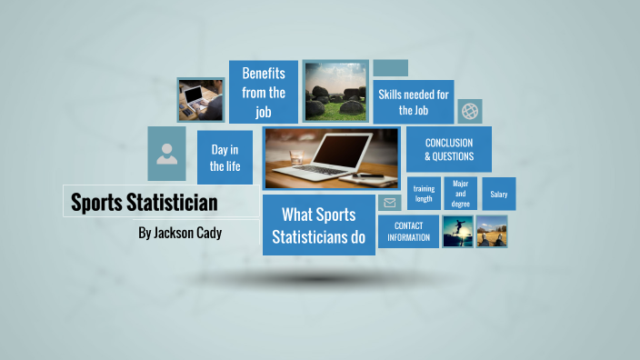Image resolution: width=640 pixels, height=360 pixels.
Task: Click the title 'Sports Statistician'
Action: [x=145, y=202]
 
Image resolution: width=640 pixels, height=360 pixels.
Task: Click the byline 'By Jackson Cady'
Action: [x=179, y=233]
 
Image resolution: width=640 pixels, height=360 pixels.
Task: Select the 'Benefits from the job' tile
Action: [x=264, y=92]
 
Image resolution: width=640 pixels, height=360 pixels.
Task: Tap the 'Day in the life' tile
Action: [x=225, y=157]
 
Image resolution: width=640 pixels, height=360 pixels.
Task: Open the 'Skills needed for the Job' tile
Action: [x=415, y=101]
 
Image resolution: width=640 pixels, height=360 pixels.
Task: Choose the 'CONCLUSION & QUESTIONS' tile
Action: [x=449, y=149]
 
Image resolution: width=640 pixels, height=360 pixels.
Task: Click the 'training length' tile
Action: [x=424, y=193]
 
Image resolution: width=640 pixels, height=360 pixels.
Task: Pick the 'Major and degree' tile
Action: [x=461, y=193]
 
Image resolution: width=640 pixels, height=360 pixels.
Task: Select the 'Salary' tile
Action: [x=499, y=194]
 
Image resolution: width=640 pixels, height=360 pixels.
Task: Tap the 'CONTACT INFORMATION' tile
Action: [x=408, y=231]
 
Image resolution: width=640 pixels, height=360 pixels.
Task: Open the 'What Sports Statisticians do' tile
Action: [x=318, y=225]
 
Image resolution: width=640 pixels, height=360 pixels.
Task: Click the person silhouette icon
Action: [x=167, y=153]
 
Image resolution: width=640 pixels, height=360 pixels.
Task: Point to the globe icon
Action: [x=470, y=111]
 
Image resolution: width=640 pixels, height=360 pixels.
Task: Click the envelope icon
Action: [x=390, y=203]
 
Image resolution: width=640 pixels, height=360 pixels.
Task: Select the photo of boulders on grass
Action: [x=335, y=91]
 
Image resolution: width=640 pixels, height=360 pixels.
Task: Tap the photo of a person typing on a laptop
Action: [x=201, y=99]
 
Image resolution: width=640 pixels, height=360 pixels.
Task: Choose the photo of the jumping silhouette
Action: [x=457, y=232]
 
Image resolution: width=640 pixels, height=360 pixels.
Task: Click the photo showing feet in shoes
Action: [x=492, y=232]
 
